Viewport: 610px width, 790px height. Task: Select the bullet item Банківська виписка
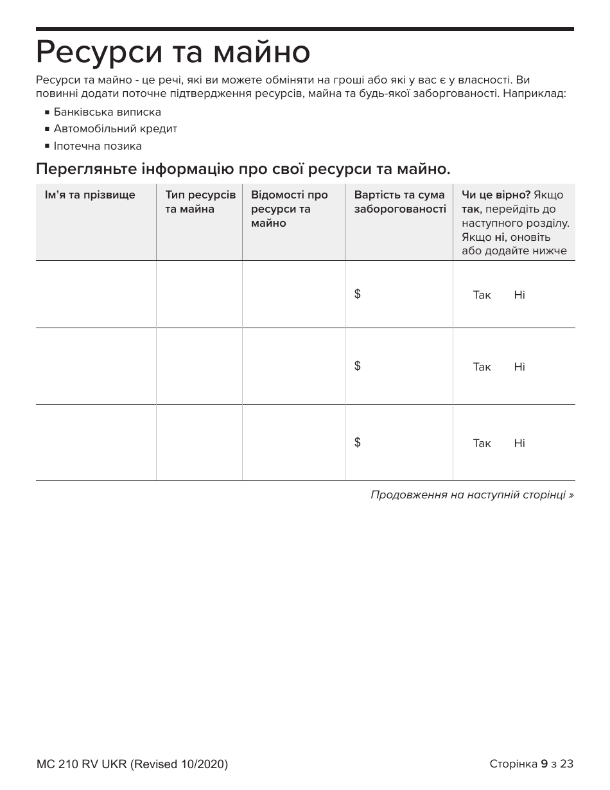pos(107,112)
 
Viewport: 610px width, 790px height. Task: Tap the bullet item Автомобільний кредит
pos(115,128)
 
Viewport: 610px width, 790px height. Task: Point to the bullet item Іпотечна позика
pos(98,146)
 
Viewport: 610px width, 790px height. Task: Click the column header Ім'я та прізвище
pos(90,195)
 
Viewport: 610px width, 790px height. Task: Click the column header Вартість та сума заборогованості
pos(399,202)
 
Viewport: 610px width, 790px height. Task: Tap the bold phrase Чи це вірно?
pos(496,195)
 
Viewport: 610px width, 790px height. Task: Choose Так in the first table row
pos(482,295)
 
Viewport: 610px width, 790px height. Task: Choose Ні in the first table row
pos(519,295)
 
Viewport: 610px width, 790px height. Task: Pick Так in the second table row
pos(482,367)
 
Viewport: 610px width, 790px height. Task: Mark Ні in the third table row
pos(519,443)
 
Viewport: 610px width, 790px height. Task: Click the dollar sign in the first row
pos(357,294)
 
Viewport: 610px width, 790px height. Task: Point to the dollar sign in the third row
pos(357,443)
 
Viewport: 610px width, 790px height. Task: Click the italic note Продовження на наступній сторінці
pos(471,495)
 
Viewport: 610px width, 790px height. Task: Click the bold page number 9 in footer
pos(544,764)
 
